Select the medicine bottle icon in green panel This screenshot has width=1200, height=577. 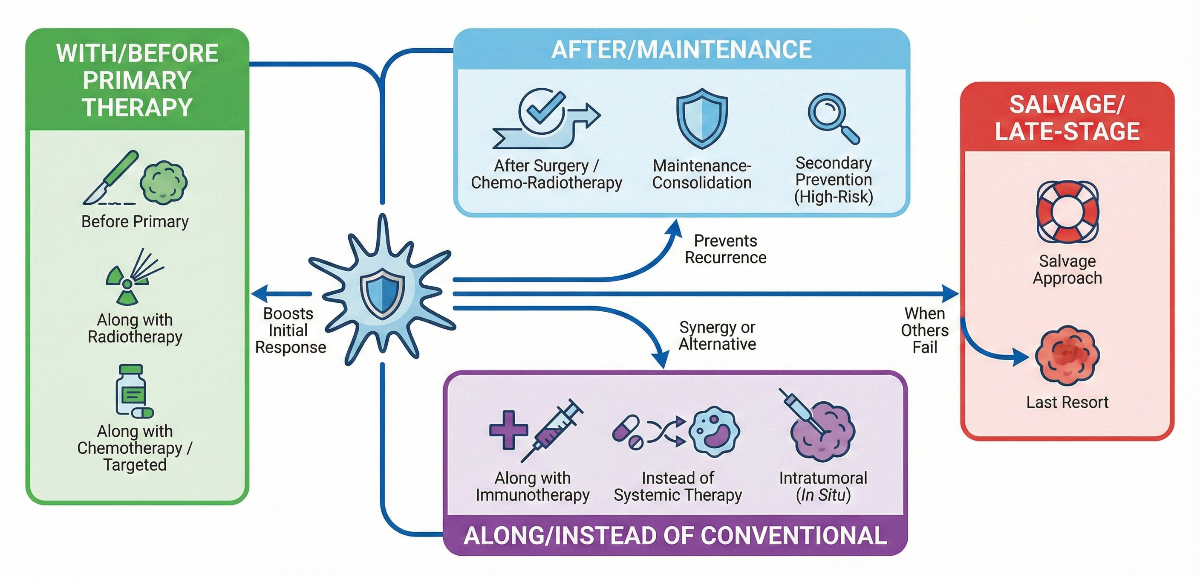coord(131,390)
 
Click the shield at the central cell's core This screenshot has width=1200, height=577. coord(382,292)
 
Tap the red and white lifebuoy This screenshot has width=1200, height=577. coord(1067,212)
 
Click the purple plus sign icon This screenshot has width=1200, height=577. coord(508,430)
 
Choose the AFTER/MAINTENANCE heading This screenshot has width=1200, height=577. coord(681,50)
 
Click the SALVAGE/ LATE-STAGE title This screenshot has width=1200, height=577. coord(1067,117)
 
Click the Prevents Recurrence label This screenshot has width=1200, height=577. coord(725,249)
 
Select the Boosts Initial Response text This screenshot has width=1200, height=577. coord(290,330)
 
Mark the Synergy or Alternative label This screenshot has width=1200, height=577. coord(717,336)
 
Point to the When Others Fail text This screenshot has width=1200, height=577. coord(924,330)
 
